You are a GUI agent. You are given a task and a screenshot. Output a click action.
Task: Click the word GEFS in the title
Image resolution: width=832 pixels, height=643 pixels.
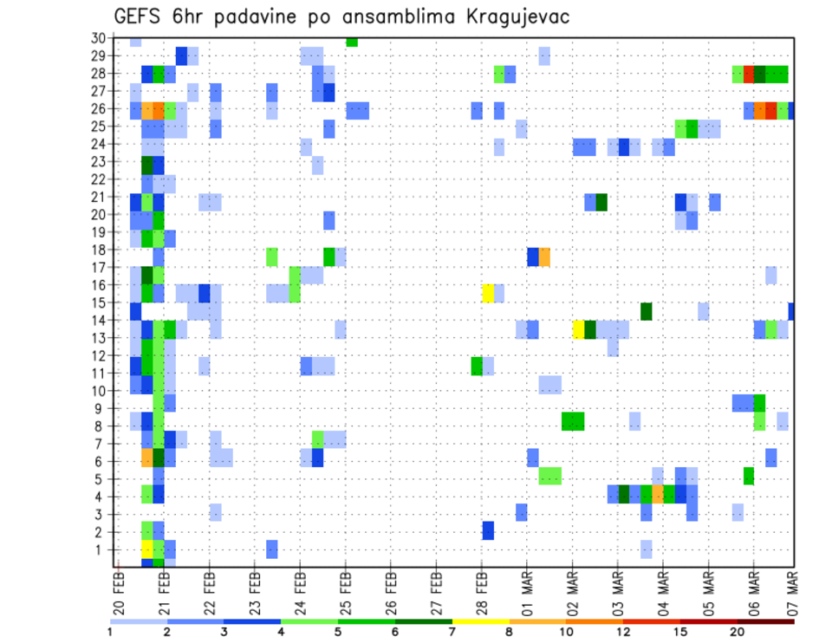140,16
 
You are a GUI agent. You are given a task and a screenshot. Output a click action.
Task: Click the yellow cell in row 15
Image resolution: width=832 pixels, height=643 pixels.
489,292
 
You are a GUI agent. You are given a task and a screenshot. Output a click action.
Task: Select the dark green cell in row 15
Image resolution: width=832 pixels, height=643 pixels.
647,310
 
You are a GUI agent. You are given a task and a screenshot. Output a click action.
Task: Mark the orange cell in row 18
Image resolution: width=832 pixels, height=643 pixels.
544,257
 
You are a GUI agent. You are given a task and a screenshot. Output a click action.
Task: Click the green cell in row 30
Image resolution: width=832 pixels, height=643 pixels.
352,41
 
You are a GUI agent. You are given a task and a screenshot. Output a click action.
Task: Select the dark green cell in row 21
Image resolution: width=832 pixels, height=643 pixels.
601,202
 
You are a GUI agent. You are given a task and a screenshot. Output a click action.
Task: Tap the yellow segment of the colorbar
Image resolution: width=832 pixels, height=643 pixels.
481,620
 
